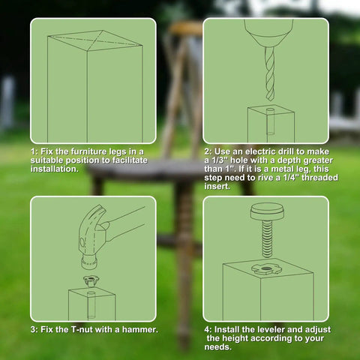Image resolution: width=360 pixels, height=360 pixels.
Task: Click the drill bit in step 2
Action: [x=269, y=73]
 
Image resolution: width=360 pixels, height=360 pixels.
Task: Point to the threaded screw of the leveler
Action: [x=268, y=238]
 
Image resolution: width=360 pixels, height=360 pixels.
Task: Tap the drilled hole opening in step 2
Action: [x=270, y=110]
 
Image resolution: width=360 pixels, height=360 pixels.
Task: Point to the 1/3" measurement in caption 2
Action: [x=219, y=160]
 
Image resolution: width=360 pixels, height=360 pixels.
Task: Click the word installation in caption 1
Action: [x=55, y=169]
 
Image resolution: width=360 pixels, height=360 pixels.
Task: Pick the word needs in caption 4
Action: [x=217, y=347]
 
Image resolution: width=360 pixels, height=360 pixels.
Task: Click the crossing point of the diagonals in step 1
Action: [x=95, y=40]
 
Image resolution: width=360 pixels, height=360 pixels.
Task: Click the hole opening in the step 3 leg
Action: [x=91, y=293]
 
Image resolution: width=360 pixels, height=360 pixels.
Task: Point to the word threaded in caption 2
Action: [x=319, y=178]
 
